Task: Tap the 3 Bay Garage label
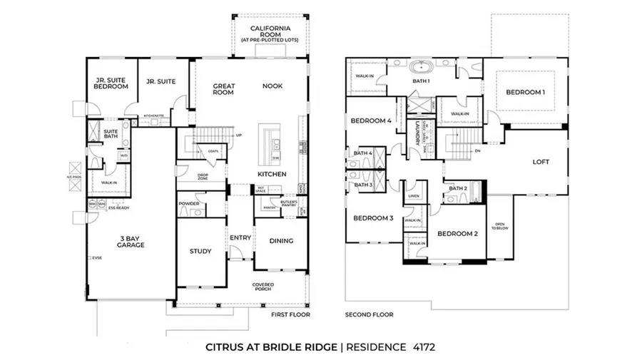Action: (x=131, y=241)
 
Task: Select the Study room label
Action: (x=200, y=251)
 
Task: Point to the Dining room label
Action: (x=281, y=240)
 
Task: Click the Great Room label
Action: (x=224, y=89)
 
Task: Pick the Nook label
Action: (x=272, y=86)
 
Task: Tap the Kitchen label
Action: (x=272, y=174)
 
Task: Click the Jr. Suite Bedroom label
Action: (x=111, y=84)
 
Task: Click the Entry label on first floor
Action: (x=240, y=237)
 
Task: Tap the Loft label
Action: (x=541, y=162)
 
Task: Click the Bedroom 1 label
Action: (x=526, y=92)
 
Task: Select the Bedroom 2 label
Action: (x=457, y=233)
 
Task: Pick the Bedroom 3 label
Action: (x=373, y=217)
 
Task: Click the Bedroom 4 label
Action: (x=371, y=120)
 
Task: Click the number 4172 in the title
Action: (x=421, y=347)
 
